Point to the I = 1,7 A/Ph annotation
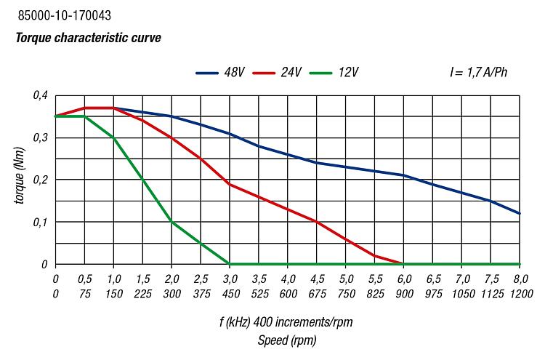(478, 73)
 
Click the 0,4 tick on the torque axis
(39, 95)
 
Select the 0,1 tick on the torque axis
(39, 222)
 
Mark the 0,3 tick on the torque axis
(39, 137)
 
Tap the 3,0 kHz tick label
(230, 279)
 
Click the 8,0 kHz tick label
(520, 279)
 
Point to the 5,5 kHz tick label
(375, 279)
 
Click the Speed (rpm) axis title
(287, 340)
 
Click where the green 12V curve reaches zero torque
(230, 264)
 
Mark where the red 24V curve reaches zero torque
(404, 264)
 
